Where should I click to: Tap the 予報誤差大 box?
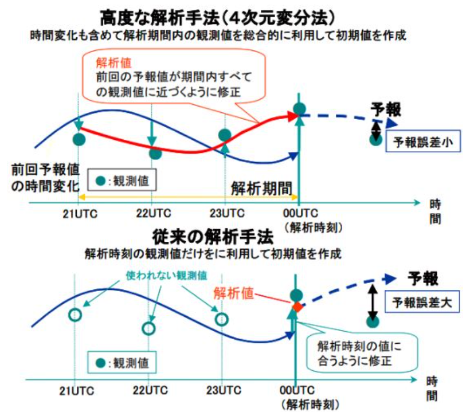point(422,303)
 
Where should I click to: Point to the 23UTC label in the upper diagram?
point(225,213)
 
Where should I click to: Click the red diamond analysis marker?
point(296,307)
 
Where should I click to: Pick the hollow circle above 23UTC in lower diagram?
point(222,319)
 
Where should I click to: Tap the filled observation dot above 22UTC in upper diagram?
point(155,153)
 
